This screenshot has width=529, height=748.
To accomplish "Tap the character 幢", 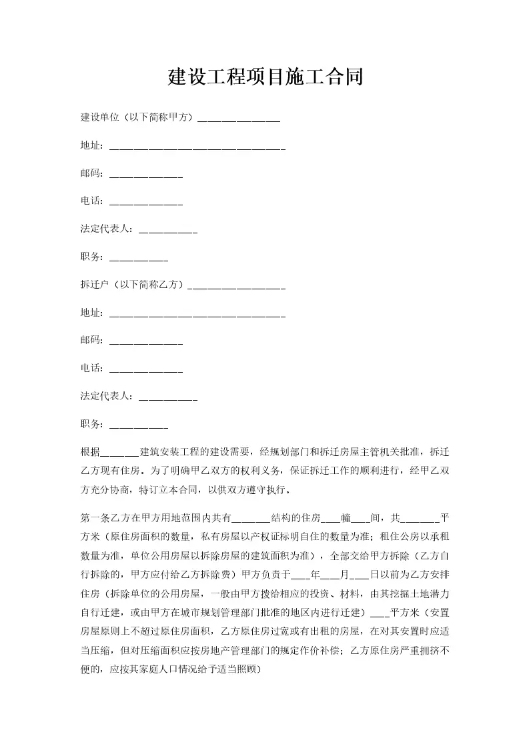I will (345, 517).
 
